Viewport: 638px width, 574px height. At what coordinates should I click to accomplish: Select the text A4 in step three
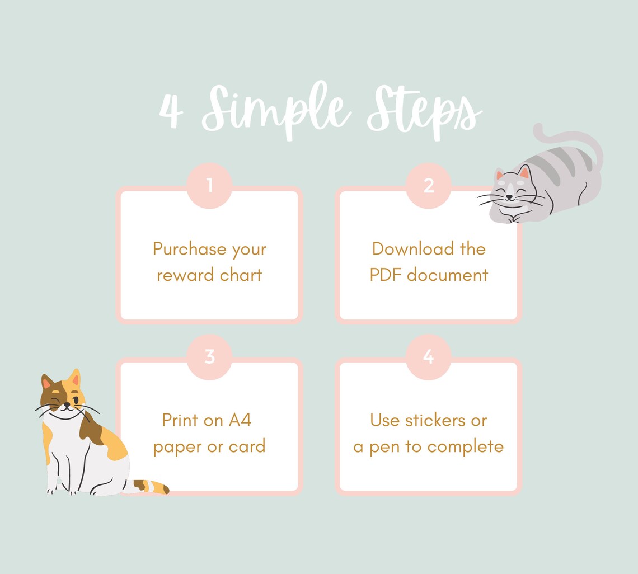[240, 420]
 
